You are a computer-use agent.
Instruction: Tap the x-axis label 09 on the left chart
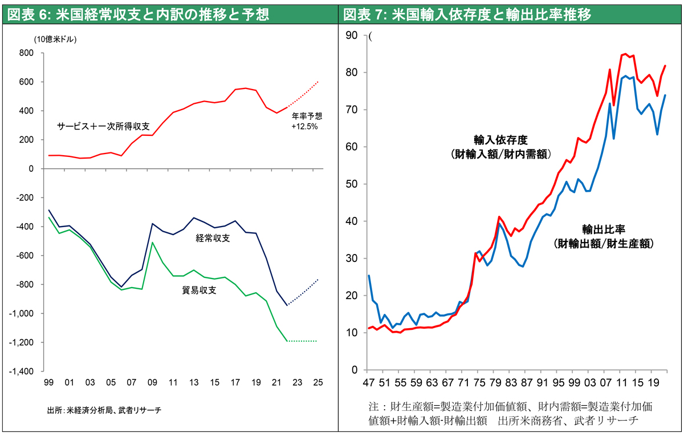(152, 383)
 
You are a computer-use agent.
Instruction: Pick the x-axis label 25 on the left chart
(317, 383)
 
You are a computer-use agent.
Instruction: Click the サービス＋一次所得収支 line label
(103, 126)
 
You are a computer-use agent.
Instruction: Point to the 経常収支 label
(213, 238)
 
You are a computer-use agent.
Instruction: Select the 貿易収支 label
(199, 290)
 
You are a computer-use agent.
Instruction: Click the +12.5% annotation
(304, 127)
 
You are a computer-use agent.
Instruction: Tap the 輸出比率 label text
(604, 229)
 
